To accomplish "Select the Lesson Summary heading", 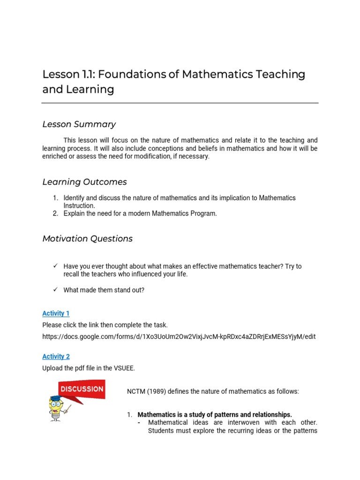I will [79, 124].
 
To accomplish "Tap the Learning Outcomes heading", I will [84, 182].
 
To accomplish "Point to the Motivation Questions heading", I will [87, 239].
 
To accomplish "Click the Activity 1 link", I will [56, 313].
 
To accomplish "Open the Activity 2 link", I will [56, 356].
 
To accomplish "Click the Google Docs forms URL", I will [179, 337].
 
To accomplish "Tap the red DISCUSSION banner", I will [81, 389].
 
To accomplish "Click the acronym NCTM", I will [136, 391].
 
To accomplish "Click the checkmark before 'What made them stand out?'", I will [55, 290].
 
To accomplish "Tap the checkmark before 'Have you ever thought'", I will [55, 266].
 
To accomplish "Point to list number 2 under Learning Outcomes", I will [55, 214].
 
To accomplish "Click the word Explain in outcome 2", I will [75, 214].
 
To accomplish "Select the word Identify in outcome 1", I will [75, 198].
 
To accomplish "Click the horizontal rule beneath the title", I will [180, 103].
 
